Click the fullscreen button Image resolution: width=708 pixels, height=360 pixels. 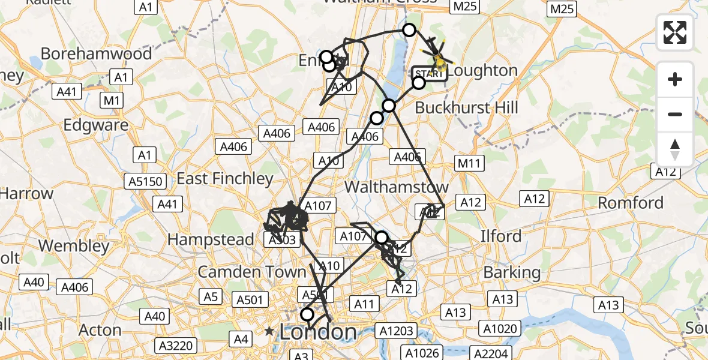[x=675, y=32]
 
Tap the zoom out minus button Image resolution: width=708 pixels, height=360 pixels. [x=675, y=114]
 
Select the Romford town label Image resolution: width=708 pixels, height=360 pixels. [x=631, y=203]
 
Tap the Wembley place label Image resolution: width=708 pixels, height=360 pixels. [x=74, y=246]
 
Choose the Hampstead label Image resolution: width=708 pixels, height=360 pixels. [x=211, y=240]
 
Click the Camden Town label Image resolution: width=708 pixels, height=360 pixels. [x=252, y=271]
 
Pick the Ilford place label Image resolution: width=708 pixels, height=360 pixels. [x=501, y=236]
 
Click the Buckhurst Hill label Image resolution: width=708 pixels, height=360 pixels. [x=466, y=108]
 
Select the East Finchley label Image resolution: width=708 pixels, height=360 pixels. [x=224, y=179]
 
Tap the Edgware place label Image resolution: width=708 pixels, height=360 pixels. [x=96, y=125]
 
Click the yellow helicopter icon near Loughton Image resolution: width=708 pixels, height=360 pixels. [x=440, y=60]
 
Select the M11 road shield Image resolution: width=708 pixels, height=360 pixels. [x=469, y=163]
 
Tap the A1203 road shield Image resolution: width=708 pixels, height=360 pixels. [x=394, y=330]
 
